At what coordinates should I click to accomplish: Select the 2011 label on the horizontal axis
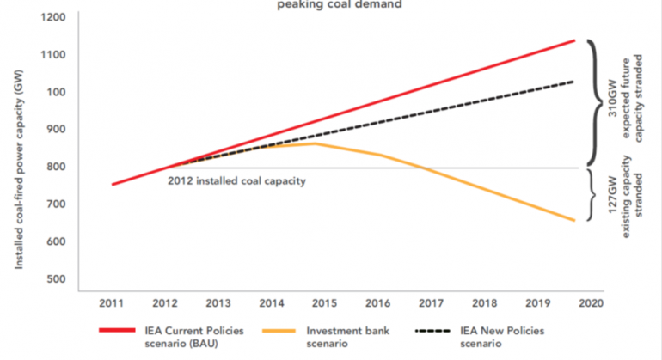point(112,303)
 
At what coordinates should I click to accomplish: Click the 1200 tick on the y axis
point(55,17)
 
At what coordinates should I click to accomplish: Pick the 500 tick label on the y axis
point(58,278)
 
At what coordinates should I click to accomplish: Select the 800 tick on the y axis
point(58,167)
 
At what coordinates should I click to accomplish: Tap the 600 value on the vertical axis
point(58,241)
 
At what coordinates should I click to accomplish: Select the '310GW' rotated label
point(613,102)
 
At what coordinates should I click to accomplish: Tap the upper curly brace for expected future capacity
point(596,102)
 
